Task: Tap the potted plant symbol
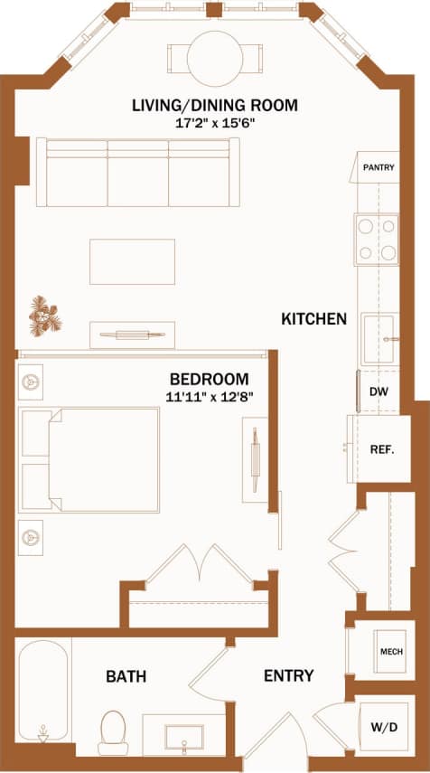click(x=44, y=315)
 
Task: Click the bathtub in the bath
click(x=42, y=692)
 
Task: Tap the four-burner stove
click(x=377, y=239)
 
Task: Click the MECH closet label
click(x=390, y=652)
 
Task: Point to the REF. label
click(x=381, y=449)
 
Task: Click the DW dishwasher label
click(x=379, y=393)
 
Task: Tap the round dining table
click(x=215, y=57)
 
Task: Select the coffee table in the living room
click(x=132, y=261)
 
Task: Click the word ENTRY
click(x=288, y=675)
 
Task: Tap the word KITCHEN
click(x=313, y=318)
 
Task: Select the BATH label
click(x=126, y=675)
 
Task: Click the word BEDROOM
click(x=209, y=378)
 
